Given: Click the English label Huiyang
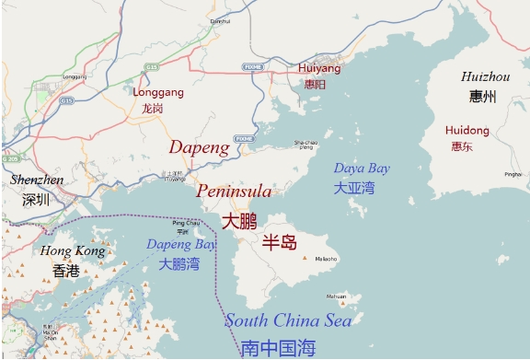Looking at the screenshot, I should [319, 68].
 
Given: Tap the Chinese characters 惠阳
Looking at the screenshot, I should [315, 84].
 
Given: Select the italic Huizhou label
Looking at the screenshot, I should [485, 76].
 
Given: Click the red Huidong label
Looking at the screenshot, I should [467, 131].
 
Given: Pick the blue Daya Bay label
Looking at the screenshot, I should [361, 168].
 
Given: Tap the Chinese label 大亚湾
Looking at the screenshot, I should [354, 188].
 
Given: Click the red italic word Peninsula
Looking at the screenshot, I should [234, 192].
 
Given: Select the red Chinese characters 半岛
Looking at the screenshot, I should [280, 243].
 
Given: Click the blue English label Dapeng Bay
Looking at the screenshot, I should [181, 244].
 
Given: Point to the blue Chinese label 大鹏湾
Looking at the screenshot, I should [179, 264].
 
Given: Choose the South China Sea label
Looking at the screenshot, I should [288, 320].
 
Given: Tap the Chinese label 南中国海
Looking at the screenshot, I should [278, 348].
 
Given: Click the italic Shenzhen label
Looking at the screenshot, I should [37, 180].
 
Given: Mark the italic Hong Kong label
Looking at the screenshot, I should [73, 250].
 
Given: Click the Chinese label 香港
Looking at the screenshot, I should [66, 271].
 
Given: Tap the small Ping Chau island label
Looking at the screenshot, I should [185, 223].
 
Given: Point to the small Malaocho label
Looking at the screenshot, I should [327, 259].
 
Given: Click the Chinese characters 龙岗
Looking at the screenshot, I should [153, 108].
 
